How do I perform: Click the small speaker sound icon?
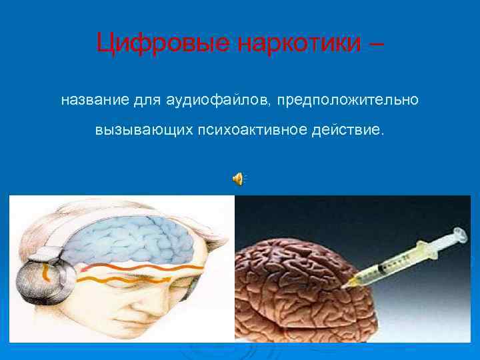(x=238, y=178)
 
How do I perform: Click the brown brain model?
(x=293, y=293)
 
